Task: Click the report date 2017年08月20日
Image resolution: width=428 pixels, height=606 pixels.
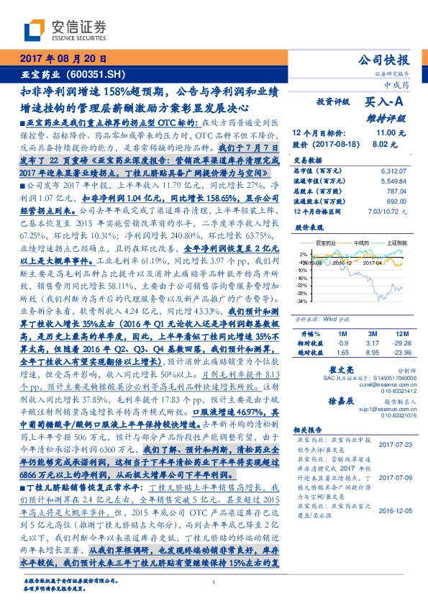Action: [x=63, y=59]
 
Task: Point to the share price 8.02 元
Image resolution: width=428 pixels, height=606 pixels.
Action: [x=386, y=144]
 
